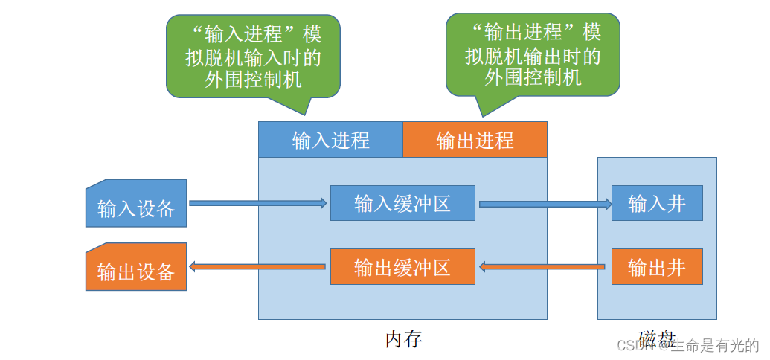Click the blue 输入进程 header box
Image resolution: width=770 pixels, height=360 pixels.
point(330,140)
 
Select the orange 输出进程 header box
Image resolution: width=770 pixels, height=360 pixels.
point(475,140)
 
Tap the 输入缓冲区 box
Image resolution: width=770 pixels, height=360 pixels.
point(402,203)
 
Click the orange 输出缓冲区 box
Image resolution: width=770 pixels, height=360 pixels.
point(402,266)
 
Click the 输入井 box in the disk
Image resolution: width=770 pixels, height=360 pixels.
point(657,203)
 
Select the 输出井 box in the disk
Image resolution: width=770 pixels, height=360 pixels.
point(657,266)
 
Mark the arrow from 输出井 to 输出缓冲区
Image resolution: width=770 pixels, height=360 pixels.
point(543,266)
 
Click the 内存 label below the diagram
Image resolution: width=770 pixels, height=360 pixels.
point(403,339)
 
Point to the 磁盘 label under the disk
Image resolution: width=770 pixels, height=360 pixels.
point(657,339)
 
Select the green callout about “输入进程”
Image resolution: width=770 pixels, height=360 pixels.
point(253,56)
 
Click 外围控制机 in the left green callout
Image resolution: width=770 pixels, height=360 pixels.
point(253,80)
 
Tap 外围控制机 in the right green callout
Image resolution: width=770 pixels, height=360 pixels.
point(533,78)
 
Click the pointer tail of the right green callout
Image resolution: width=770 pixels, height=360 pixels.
point(484,108)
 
